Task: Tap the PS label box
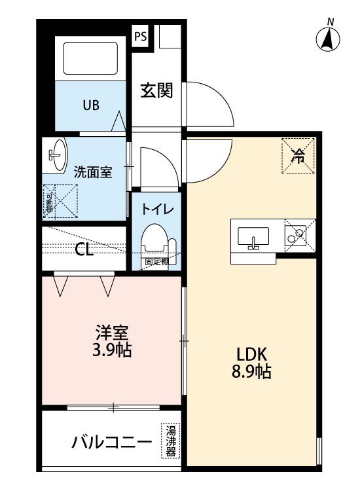point(140,36)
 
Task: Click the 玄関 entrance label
point(156,90)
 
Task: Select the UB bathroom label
point(91,105)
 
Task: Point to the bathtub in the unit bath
point(90,58)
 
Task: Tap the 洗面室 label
point(93,172)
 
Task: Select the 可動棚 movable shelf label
point(49,203)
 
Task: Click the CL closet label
point(84,249)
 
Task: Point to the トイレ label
point(157,209)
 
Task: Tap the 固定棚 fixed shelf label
point(156,261)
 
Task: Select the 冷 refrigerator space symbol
point(298,156)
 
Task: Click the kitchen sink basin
point(253,236)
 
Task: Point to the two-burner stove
point(295,236)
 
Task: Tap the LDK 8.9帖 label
point(251,363)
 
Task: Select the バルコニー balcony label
point(112,443)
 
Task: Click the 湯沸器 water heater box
point(171,441)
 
